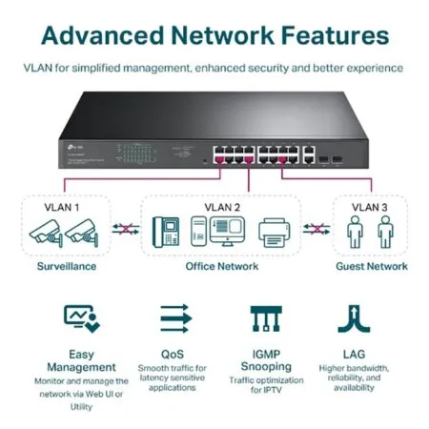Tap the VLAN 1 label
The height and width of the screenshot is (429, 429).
(62, 207)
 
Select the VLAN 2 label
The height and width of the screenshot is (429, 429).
(221, 207)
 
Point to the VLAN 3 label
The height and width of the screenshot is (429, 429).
(370, 207)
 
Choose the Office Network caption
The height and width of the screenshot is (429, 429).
(220, 266)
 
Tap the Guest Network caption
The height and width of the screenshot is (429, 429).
(371, 266)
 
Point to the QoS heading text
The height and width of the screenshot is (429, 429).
(173, 352)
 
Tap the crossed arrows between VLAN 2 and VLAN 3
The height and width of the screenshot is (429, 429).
(317, 230)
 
